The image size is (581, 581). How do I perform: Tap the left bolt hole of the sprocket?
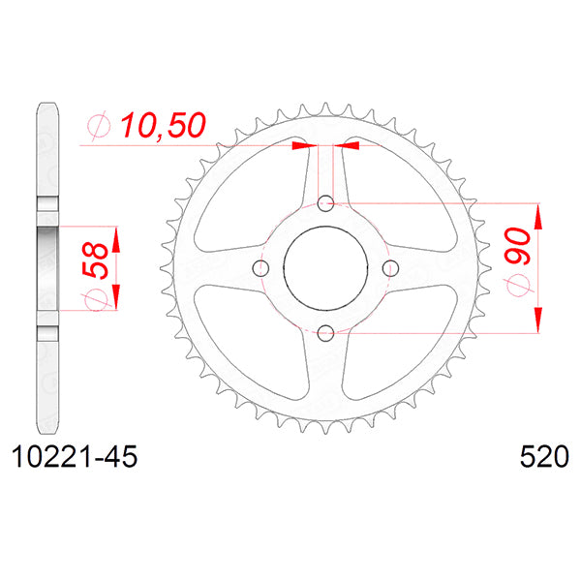(x=260, y=268)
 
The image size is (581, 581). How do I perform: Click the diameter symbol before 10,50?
(x=99, y=125)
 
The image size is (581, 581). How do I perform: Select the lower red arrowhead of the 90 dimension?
(x=537, y=321)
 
